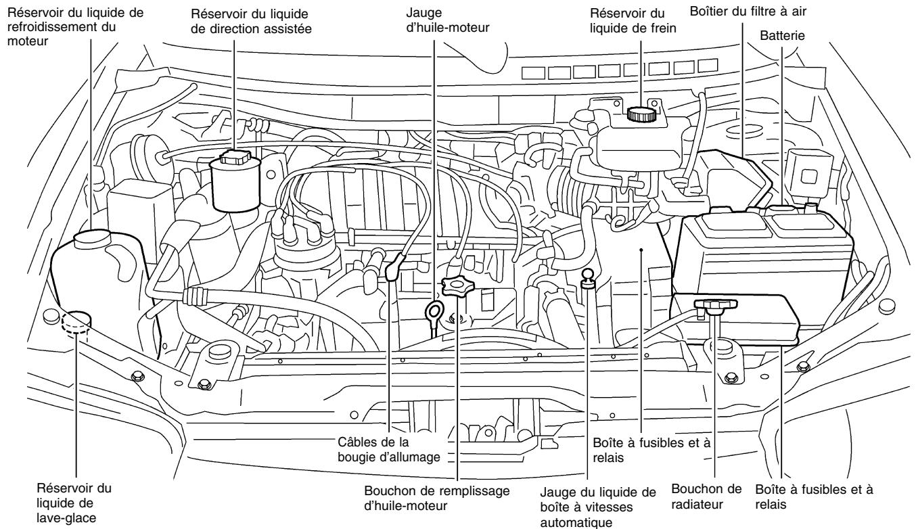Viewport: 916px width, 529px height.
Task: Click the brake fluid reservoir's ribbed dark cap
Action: pyautogui.click(x=640, y=114)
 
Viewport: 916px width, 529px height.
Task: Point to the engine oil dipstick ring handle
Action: pyautogui.click(x=434, y=312)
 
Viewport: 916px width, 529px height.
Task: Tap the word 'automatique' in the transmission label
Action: pyautogui.click(x=587, y=522)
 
